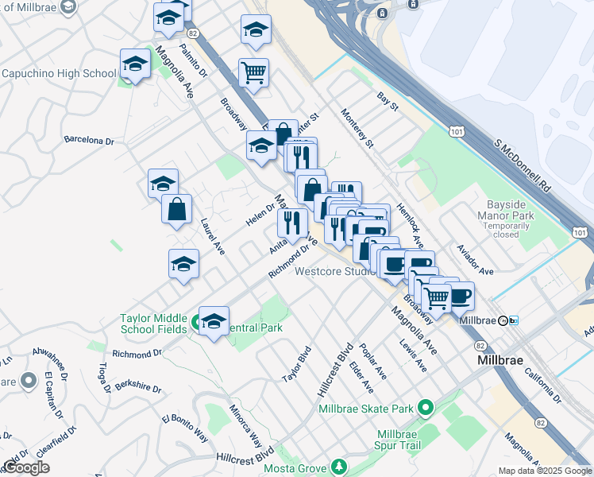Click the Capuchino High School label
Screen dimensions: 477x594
tap(60, 74)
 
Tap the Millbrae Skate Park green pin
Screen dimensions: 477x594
tap(426, 409)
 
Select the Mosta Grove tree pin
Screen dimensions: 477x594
tap(339, 465)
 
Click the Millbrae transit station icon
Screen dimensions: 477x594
tap(503, 320)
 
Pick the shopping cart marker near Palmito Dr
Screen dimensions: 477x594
tap(253, 73)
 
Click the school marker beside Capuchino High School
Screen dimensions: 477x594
tap(135, 64)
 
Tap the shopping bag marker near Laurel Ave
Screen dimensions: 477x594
tap(176, 210)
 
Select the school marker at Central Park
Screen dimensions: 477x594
tap(214, 321)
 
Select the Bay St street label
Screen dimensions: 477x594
tap(388, 99)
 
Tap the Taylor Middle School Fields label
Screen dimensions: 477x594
tap(154, 324)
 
